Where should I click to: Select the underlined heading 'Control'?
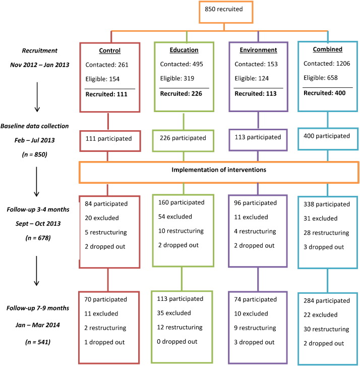click(109, 50)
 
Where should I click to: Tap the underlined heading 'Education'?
click(184, 50)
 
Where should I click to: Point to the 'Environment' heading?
click(258, 50)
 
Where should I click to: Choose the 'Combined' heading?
click(328, 49)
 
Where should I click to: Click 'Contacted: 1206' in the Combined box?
click(327, 64)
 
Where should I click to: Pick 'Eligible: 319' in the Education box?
click(177, 78)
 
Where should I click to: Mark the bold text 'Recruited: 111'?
click(106, 94)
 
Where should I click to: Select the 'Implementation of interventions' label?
click(219, 170)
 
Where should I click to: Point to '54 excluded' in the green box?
click(175, 217)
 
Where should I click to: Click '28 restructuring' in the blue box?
click(326, 233)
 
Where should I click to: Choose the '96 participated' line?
click(255, 203)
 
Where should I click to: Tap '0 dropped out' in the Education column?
click(177, 341)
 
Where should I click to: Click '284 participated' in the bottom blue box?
click(326, 301)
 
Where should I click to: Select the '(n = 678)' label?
click(38, 238)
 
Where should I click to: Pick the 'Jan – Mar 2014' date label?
click(38, 325)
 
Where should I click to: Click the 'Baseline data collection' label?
click(34, 126)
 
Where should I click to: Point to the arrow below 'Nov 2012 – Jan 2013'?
click(37, 97)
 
